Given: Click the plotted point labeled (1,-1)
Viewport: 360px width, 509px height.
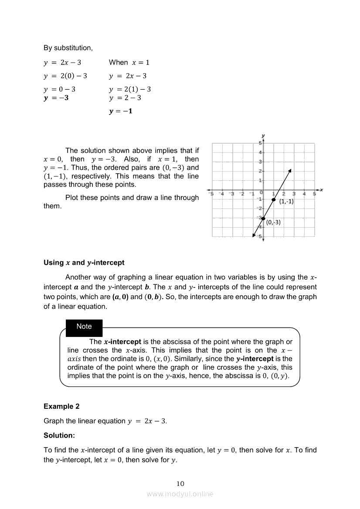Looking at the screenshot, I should click(x=274, y=199).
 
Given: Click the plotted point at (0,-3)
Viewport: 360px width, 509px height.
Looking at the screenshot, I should click(x=263, y=218).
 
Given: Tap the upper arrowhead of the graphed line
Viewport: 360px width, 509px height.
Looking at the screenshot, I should click(x=289, y=171).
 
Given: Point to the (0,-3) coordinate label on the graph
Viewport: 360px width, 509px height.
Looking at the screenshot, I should click(x=273, y=222).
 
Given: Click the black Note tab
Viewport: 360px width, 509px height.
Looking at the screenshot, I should click(x=84, y=327).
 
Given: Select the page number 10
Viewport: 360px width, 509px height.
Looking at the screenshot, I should click(x=180, y=483).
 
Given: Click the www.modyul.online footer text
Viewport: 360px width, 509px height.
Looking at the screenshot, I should click(x=180, y=494).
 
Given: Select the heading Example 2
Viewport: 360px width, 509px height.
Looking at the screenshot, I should click(x=61, y=406).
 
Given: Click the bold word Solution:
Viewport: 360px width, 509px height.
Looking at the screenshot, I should click(x=59, y=435).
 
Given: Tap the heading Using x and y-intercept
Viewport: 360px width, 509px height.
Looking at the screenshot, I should click(x=84, y=263).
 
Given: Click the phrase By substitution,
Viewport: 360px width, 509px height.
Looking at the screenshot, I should click(x=68, y=47).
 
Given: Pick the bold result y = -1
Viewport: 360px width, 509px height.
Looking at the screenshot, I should click(x=121, y=111).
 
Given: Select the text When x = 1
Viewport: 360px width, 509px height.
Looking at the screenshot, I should click(x=129, y=62).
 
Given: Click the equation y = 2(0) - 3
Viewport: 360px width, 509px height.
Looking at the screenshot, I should click(x=65, y=76).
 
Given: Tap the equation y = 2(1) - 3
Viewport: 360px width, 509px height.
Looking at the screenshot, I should click(x=130, y=89).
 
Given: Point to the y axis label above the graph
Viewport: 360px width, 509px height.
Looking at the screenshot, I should click(x=263, y=136).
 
